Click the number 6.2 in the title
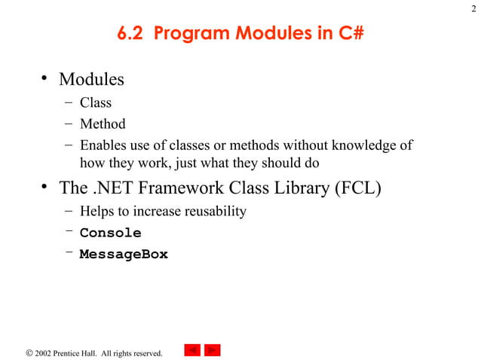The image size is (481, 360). (132, 35)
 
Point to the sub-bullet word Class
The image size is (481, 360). (96, 102)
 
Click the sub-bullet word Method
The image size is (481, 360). (103, 124)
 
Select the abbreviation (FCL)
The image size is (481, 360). (357, 188)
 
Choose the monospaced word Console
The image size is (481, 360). (110, 233)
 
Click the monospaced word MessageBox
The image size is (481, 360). (124, 255)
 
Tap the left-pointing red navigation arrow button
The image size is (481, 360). (192, 350)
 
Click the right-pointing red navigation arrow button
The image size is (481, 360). (213, 350)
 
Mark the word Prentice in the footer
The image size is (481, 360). (69, 352)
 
